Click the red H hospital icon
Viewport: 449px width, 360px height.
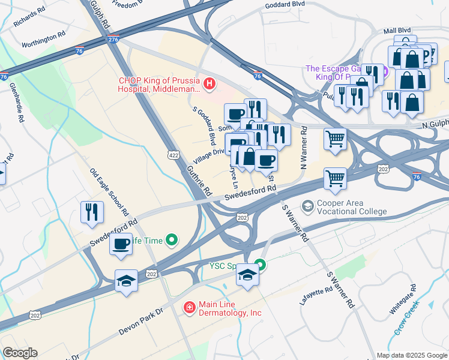click(x=209, y=84)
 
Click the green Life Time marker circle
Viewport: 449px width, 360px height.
click(x=172, y=241)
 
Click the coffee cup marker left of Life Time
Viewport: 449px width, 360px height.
click(x=121, y=244)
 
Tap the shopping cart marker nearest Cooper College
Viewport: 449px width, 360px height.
click(x=335, y=178)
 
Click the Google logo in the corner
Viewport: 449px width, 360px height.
click(x=20, y=353)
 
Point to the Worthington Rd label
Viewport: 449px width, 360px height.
click(x=43, y=40)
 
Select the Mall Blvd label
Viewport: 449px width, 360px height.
click(x=397, y=29)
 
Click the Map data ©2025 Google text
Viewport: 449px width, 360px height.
click(x=412, y=355)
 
